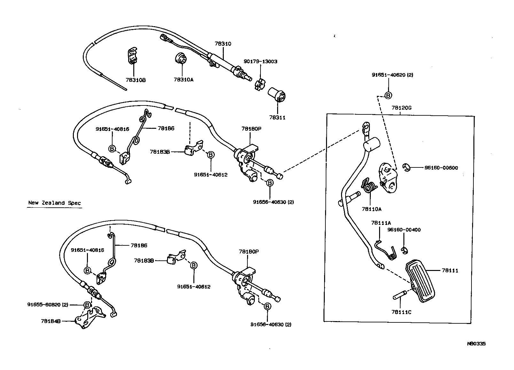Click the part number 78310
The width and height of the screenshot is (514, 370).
click(x=223, y=44)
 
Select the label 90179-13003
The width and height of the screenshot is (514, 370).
click(x=260, y=61)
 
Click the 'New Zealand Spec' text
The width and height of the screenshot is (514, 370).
click(x=54, y=203)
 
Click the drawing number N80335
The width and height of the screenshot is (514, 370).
click(x=476, y=344)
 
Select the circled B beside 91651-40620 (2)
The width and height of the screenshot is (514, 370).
click(x=388, y=95)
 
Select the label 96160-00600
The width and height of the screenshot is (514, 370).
click(x=441, y=168)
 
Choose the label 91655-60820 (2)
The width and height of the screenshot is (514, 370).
click(x=48, y=304)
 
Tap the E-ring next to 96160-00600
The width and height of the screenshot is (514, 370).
click(x=406, y=167)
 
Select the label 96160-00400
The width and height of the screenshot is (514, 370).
click(x=404, y=230)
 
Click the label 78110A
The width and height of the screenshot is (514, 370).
click(x=371, y=209)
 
